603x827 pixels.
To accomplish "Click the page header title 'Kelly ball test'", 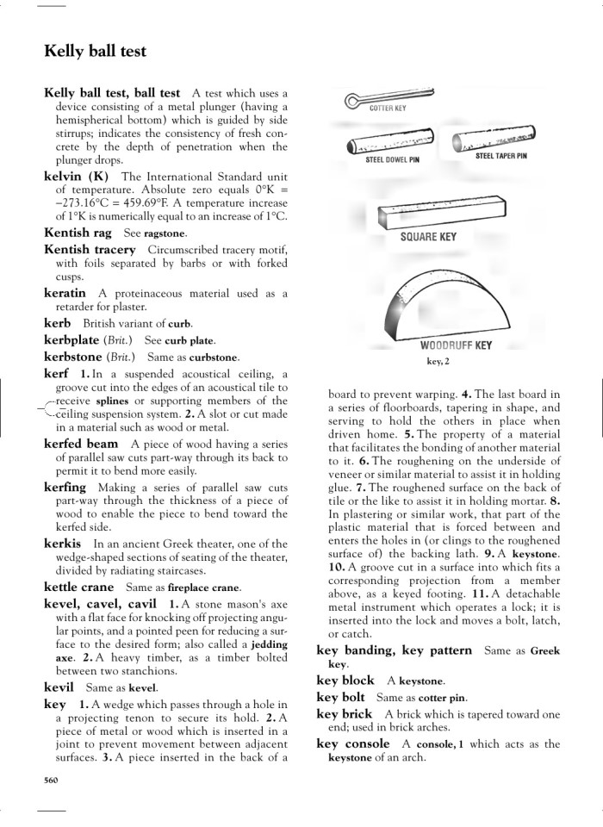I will [x=95, y=52].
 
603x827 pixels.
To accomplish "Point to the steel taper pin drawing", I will [x=496, y=139].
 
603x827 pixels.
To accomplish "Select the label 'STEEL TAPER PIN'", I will [x=500, y=156].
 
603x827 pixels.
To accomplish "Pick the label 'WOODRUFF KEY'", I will [x=456, y=345].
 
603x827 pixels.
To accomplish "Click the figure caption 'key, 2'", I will [x=438, y=362].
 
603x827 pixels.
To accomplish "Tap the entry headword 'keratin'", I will [x=65, y=293].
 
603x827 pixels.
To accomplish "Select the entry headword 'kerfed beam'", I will [x=81, y=444].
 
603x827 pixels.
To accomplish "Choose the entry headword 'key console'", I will [x=353, y=743].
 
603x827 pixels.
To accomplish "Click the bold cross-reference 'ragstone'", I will [x=165, y=233].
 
